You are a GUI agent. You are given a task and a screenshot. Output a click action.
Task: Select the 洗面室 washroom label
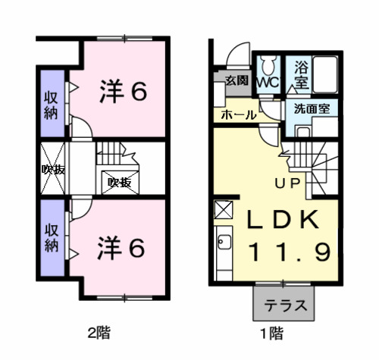[311, 108]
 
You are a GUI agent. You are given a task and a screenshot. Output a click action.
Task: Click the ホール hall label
[237, 115]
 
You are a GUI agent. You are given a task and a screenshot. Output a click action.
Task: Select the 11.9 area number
[287, 252]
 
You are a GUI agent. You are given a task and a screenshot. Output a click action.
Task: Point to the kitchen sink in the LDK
[224, 244]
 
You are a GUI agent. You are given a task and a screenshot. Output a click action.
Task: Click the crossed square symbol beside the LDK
[224, 209]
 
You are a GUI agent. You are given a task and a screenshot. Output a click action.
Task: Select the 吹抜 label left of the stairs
[52, 168]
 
